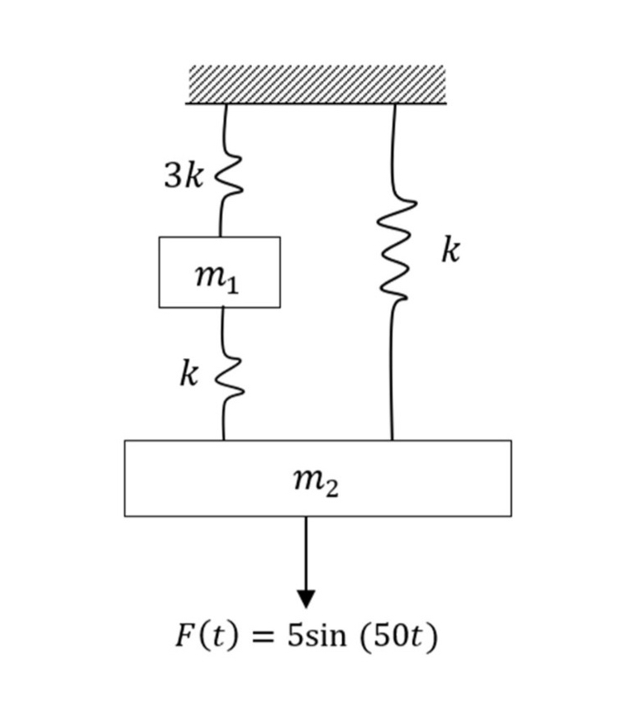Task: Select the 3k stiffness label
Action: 183,176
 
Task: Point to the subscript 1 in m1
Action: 233,285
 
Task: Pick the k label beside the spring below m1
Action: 189,375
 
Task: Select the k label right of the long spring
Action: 450,249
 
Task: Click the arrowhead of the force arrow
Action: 306,598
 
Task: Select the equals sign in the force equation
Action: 261,637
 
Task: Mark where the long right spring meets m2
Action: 392,439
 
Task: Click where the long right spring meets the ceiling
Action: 394,104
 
